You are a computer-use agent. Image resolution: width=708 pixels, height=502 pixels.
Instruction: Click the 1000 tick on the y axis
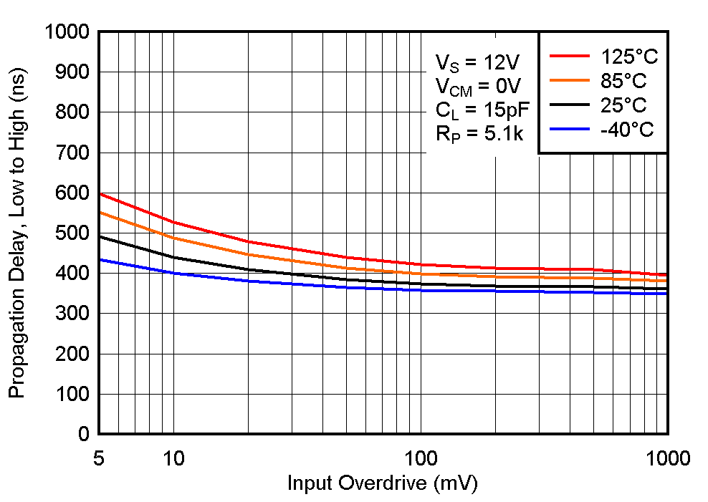(66, 32)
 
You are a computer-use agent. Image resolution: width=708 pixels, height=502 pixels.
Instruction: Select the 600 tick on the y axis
(72, 193)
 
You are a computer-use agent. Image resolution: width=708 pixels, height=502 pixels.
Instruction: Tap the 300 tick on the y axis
(72, 314)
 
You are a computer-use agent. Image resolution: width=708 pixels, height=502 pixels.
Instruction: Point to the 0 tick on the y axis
(83, 434)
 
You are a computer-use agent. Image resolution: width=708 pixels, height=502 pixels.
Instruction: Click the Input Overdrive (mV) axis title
(382, 483)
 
